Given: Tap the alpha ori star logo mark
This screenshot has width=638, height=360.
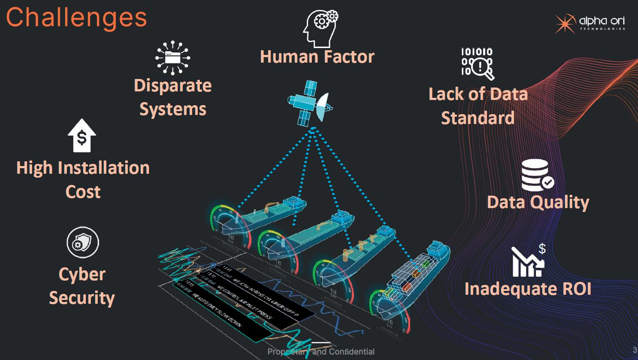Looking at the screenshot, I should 565,23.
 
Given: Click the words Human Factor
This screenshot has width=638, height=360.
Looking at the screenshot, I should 317,57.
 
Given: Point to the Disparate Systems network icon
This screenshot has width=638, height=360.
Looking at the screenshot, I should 172,57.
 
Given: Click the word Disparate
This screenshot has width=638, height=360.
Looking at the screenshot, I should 172,85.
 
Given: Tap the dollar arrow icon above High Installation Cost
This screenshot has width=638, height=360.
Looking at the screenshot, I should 82,136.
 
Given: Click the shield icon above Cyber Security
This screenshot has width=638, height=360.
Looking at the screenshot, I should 82,242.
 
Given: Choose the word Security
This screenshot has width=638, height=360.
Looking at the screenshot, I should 82,298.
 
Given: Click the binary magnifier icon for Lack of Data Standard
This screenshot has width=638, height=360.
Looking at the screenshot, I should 478,64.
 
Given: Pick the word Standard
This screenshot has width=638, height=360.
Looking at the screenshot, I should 478,118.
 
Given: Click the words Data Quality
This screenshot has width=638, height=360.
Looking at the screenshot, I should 538,202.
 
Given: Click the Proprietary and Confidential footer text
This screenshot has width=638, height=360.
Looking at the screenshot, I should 321,352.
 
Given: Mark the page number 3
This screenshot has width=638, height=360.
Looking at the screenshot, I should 635,350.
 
